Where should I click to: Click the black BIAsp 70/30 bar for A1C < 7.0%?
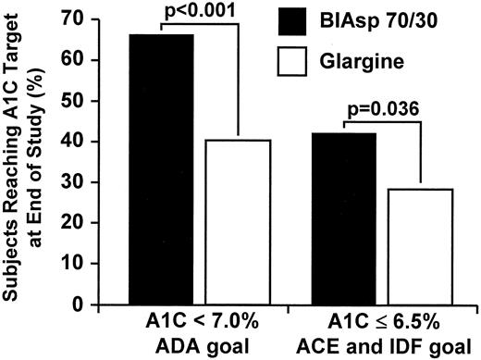point(161,169)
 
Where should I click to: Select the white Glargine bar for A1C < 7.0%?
point(238,222)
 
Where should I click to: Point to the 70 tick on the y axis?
point(97,19)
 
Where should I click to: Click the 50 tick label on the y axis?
point(97,100)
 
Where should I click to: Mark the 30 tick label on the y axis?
point(97,181)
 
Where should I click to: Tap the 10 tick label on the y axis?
point(97,263)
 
